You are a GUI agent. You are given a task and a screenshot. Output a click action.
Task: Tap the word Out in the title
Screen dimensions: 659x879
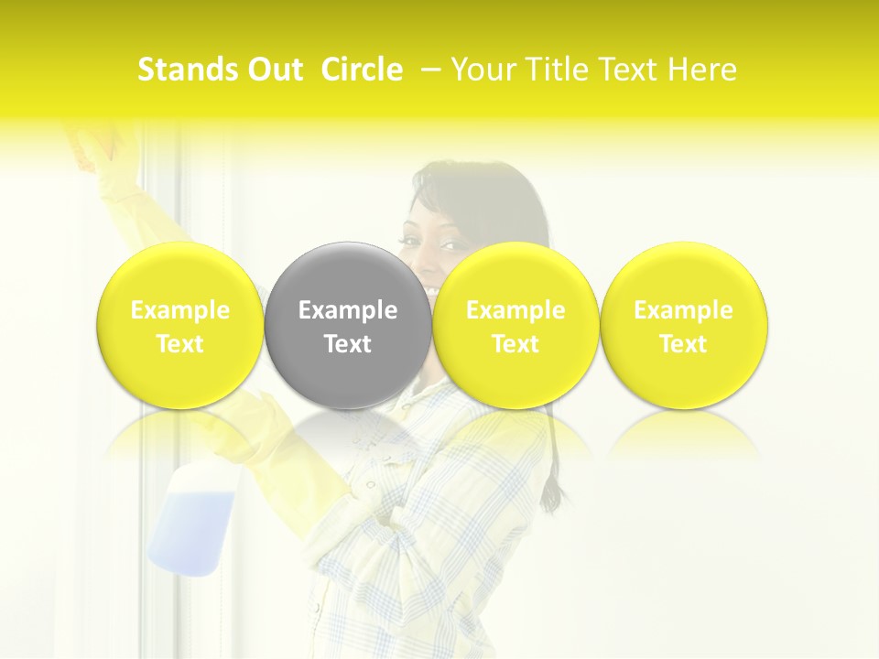274,70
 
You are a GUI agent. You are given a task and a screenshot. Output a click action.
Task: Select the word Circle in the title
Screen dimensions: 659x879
362,70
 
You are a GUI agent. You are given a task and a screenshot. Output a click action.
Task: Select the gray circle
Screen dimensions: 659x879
348,325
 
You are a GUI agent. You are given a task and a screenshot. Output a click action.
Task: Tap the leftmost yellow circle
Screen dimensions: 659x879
180,325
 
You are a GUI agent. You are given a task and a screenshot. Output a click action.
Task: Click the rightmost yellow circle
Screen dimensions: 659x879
683,325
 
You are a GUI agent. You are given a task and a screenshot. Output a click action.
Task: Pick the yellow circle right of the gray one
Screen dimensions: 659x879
515,325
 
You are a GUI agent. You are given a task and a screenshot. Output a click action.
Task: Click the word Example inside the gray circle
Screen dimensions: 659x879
348,310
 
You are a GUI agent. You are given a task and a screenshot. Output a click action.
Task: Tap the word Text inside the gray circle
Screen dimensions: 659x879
348,344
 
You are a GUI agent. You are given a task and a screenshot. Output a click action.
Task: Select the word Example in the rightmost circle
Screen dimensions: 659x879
683,310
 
